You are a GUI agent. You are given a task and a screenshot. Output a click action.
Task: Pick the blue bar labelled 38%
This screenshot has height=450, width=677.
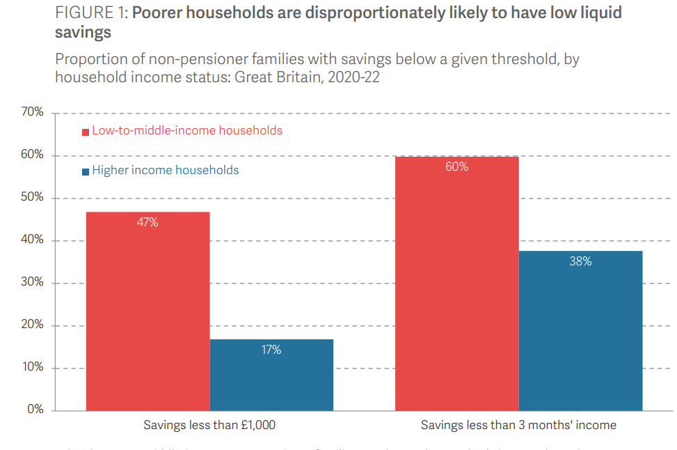pyautogui.click(x=580, y=330)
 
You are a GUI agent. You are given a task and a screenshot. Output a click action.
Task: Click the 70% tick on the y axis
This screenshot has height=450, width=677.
pyautogui.click(x=31, y=112)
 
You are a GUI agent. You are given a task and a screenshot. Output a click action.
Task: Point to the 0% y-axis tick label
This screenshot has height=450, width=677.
pyautogui.click(x=35, y=410)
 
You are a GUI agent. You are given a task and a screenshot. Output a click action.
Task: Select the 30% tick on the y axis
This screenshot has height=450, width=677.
pyautogui.click(x=31, y=282)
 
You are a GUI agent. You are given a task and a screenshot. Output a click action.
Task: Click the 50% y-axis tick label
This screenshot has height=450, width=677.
pyautogui.click(x=31, y=197)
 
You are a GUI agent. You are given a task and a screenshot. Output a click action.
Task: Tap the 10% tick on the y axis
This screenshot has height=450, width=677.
pyautogui.click(x=31, y=367)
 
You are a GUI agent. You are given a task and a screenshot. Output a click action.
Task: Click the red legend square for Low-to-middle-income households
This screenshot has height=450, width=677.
pyautogui.click(x=86, y=132)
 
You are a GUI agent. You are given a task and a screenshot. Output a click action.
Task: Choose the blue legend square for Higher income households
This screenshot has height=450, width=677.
pyautogui.click(x=86, y=171)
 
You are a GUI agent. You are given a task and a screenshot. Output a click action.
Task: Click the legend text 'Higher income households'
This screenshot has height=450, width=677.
pyautogui.click(x=166, y=171)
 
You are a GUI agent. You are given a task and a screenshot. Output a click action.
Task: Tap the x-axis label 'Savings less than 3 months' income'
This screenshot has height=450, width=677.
pyautogui.click(x=518, y=425)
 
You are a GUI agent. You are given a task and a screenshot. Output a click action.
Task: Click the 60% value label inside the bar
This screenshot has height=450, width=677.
pyautogui.click(x=456, y=167)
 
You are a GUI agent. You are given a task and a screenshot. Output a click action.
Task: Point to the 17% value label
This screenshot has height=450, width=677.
pyautogui.click(x=271, y=350)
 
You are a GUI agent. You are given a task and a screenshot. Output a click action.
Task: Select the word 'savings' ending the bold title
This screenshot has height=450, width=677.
pyautogui.click(x=83, y=33)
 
